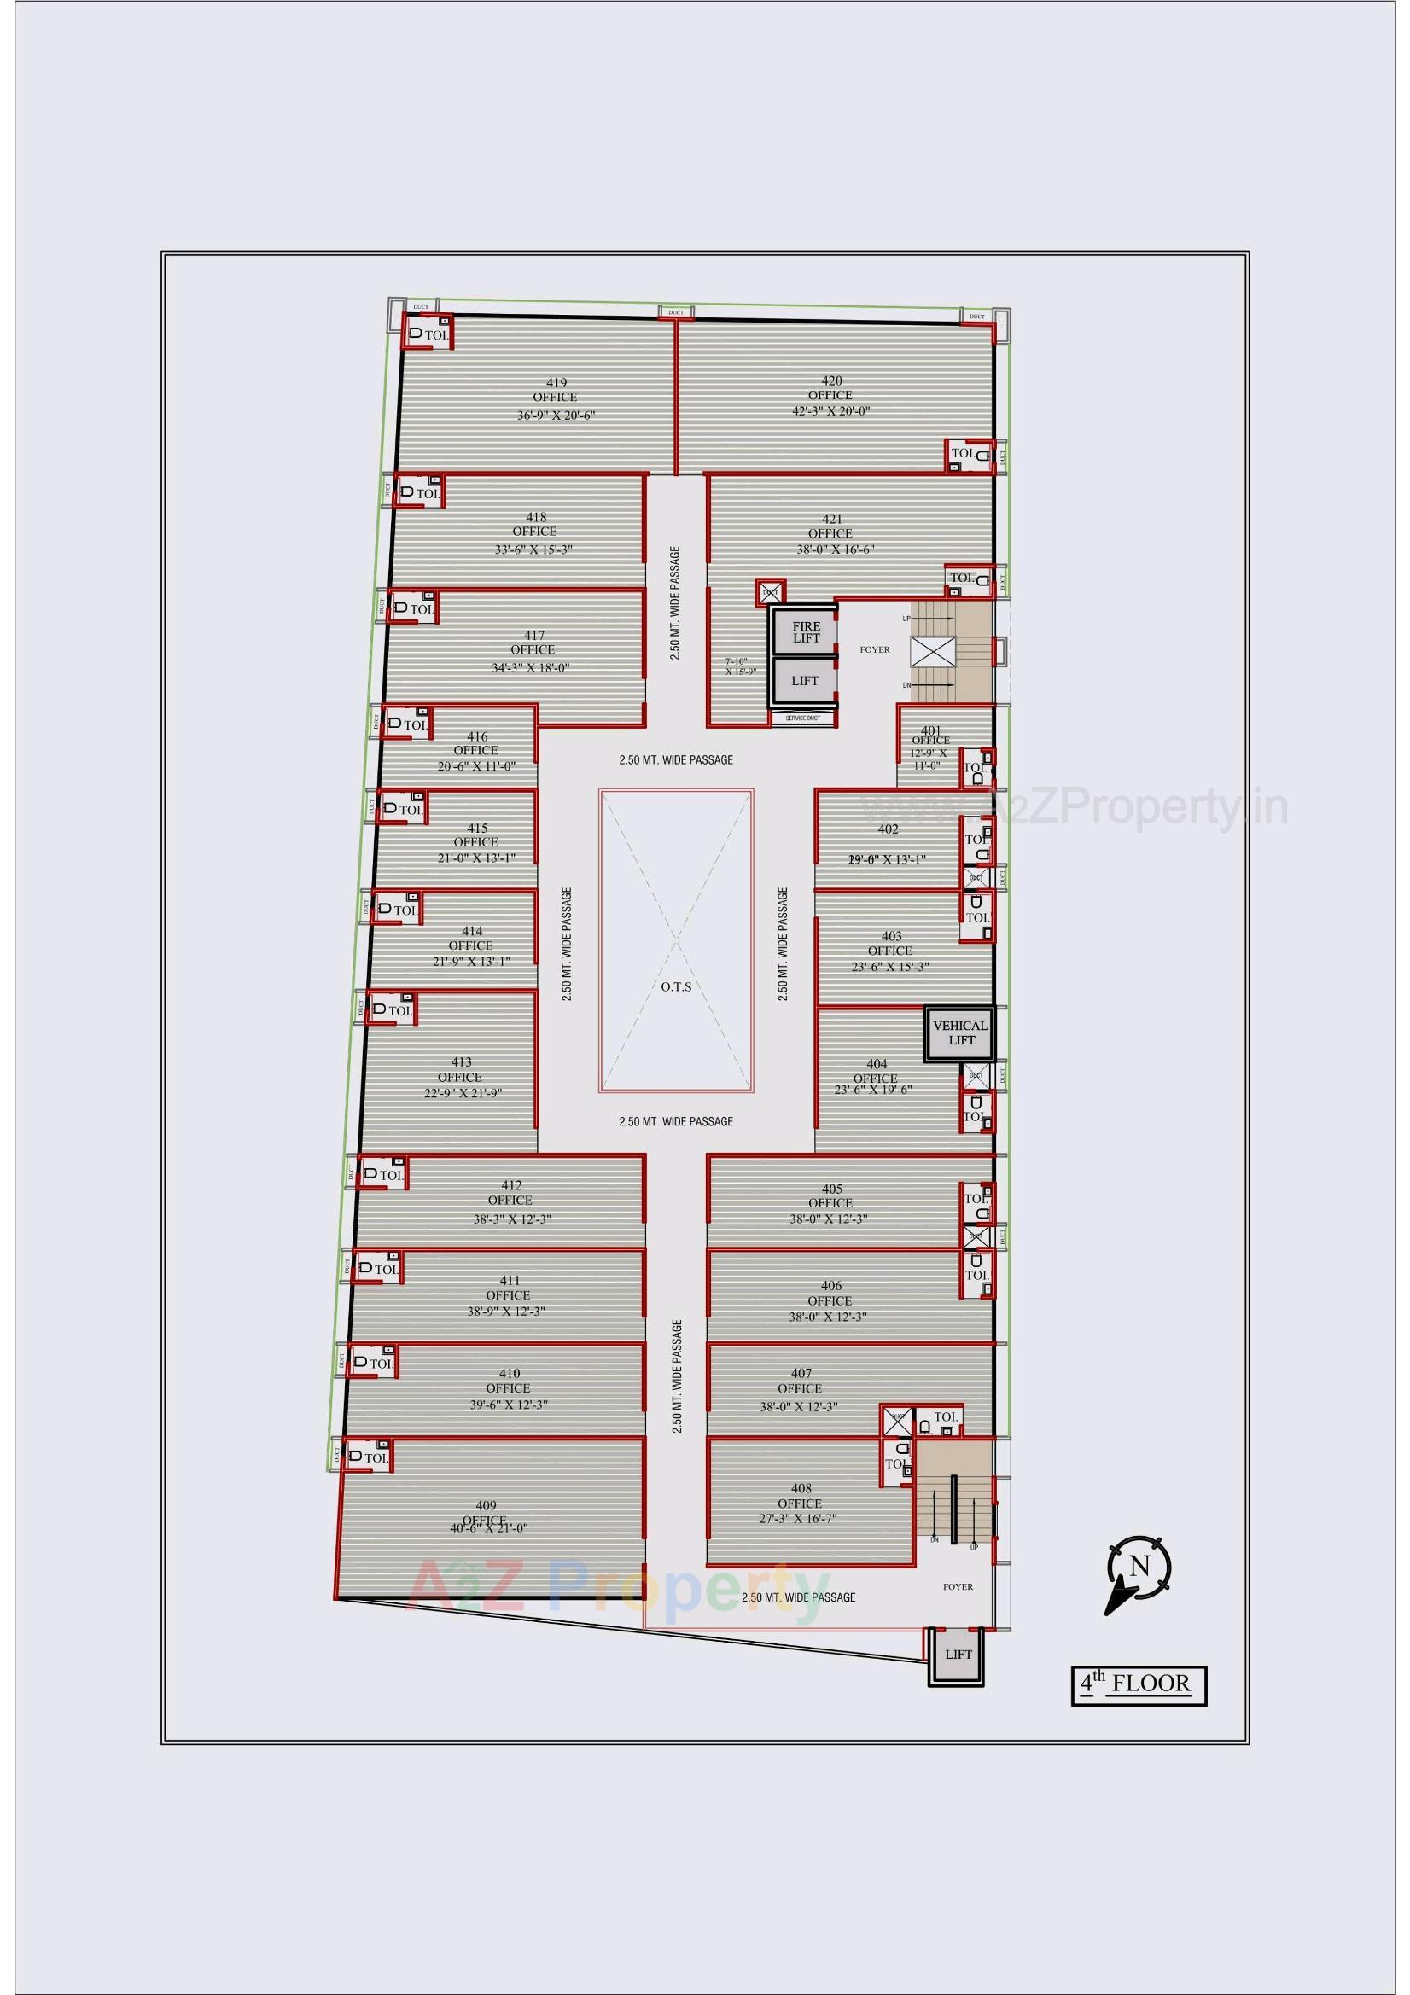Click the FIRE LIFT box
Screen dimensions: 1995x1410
(x=805, y=631)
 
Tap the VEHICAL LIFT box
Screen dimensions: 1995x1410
(x=959, y=1032)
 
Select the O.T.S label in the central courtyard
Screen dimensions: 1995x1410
(x=675, y=986)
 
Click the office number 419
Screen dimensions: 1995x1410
(x=556, y=382)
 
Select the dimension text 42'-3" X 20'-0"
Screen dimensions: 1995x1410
(x=831, y=411)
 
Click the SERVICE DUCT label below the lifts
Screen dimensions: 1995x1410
(x=802, y=718)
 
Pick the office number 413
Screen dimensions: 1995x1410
(x=461, y=1061)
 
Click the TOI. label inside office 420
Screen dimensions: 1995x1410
(x=961, y=453)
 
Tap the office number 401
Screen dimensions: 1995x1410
(x=931, y=730)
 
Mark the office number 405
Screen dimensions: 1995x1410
(x=831, y=1189)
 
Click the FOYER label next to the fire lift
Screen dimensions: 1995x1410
(x=875, y=649)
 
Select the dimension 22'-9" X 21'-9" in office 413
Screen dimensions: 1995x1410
(x=463, y=1093)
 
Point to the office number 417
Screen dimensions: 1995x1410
(x=533, y=634)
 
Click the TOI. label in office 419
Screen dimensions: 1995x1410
(x=436, y=334)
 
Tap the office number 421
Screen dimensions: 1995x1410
(x=831, y=519)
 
